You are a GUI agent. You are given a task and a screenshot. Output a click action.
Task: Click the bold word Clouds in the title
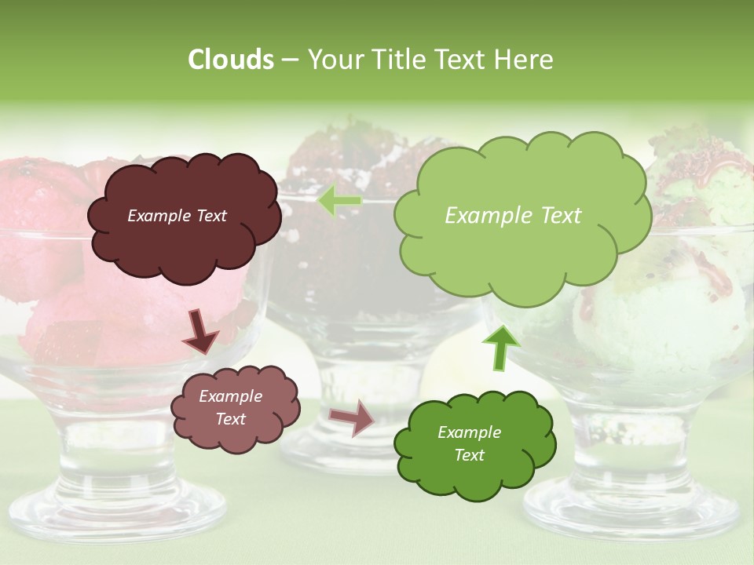click(x=230, y=60)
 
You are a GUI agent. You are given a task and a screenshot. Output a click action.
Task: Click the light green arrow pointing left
click(x=340, y=201)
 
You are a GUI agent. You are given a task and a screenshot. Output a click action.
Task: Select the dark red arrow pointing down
click(x=199, y=332)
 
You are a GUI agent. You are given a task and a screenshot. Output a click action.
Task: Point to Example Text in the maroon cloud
click(x=177, y=216)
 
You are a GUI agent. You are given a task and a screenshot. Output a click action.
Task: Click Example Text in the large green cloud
click(x=513, y=216)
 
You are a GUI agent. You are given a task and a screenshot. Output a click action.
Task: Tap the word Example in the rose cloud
click(x=230, y=396)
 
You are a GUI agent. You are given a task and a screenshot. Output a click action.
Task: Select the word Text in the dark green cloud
click(x=469, y=455)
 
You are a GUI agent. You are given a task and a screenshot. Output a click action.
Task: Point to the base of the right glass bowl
click(x=628, y=510)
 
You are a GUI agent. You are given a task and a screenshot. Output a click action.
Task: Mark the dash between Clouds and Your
click(x=290, y=60)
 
